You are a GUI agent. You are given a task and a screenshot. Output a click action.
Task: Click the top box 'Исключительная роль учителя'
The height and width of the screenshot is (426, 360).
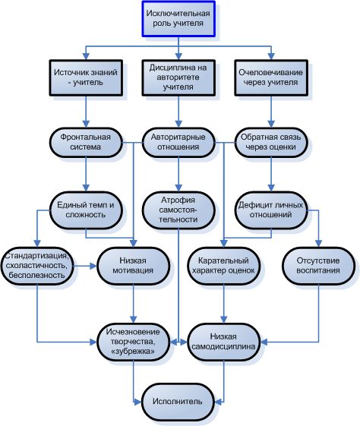click(x=178, y=18)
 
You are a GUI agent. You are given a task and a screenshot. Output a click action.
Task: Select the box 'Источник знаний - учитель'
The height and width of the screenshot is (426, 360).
click(x=86, y=77)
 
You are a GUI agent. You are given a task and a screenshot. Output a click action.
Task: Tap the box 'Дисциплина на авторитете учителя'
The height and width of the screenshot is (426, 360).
click(x=178, y=77)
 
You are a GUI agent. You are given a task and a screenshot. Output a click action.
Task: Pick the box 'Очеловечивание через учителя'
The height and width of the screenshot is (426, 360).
click(x=271, y=77)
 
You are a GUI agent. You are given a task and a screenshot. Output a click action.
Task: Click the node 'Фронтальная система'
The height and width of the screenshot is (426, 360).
click(x=86, y=142)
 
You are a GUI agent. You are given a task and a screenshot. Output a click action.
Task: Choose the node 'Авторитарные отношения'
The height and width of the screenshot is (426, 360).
click(x=178, y=142)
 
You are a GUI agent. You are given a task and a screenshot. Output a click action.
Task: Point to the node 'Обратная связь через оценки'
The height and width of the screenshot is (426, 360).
click(x=271, y=142)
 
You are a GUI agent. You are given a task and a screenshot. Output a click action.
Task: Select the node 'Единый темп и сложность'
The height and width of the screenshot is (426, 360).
click(x=86, y=210)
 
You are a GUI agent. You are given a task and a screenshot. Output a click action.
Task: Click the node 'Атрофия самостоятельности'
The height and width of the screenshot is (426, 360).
click(x=178, y=210)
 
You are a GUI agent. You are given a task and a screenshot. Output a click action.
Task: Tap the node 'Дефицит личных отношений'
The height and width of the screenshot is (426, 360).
click(x=271, y=210)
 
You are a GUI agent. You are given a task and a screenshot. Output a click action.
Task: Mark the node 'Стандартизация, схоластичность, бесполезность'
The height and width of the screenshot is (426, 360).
click(x=37, y=266)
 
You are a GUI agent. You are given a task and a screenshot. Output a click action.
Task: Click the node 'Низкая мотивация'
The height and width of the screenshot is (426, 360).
click(x=134, y=266)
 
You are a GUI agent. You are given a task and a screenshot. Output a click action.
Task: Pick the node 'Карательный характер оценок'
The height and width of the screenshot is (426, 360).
click(x=223, y=266)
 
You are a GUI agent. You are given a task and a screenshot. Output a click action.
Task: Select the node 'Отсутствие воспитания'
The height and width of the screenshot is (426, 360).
click(x=318, y=266)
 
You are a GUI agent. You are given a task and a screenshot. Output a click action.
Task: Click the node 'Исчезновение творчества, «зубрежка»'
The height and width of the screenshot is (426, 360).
click(x=134, y=342)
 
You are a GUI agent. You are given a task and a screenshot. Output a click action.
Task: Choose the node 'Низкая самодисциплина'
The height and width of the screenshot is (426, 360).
click(x=223, y=342)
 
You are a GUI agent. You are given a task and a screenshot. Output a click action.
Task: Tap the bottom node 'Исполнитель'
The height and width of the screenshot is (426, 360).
click(x=178, y=402)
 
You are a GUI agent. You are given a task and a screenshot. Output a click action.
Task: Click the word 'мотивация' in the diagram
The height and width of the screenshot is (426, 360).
click(x=133, y=270)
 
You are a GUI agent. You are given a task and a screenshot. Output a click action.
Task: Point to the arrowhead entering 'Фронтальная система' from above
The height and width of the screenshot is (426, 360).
click(x=86, y=124)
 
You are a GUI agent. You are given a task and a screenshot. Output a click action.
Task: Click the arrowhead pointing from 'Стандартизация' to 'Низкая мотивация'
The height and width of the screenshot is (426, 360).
click(x=93, y=266)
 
